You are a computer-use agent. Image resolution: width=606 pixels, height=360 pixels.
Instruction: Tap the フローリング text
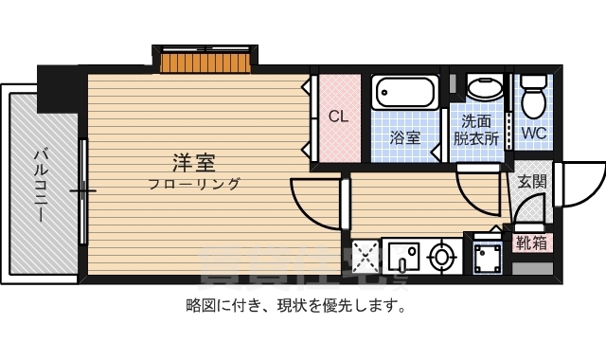click(x=194, y=184)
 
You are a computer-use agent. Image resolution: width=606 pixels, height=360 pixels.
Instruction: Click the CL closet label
click(x=338, y=117)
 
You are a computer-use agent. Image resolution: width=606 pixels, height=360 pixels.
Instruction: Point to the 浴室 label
click(x=405, y=137)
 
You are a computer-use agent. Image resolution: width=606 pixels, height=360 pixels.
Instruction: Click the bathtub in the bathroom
click(x=404, y=94)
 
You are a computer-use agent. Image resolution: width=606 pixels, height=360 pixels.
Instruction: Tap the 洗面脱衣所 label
click(x=476, y=130)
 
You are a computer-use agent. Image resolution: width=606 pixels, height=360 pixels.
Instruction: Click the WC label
click(x=534, y=134)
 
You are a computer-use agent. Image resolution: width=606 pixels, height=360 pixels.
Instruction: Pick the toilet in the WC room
click(x=535, y=95)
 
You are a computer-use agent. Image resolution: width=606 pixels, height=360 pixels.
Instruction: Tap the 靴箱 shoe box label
click(x=531, y=243)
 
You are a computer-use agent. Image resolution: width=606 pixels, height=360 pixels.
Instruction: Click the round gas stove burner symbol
click(x=441, y=256)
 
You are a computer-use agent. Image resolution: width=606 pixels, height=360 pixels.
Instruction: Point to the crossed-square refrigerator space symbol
click(x=365, y=257)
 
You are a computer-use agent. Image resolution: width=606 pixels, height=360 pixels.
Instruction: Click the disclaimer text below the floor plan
click(x=296, y=306)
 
